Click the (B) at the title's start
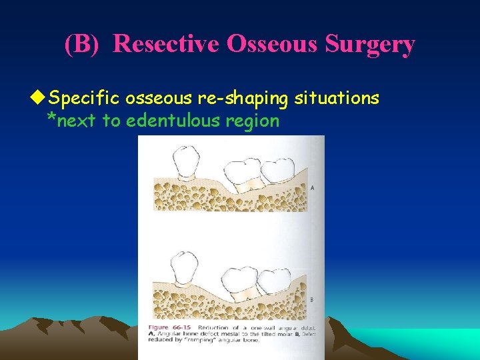(85, 45)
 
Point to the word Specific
(83, 99)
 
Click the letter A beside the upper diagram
(312, 189)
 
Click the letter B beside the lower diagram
(311, 300)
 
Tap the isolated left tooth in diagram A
(186, 163)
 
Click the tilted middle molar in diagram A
(246, 175)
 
